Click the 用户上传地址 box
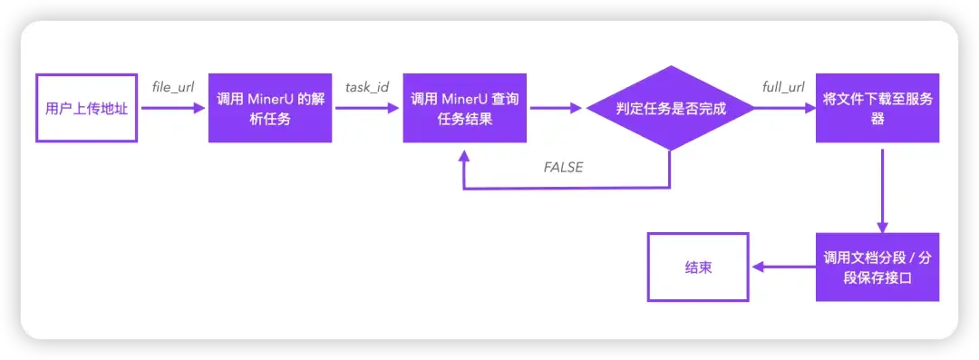tap(86, 108)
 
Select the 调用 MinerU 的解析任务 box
tap(270, 108)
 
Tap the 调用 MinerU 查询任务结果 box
tap(465, 108)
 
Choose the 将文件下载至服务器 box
tap(877, 108)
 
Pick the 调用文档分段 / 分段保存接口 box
tap(877, 268)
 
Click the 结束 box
tap(697, 268)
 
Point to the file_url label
tap(173, 87)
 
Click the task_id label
tap(367, 87)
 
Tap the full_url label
tap(784, 87)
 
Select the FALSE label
tap(563, 168)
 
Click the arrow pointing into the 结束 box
tap(783, 268)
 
